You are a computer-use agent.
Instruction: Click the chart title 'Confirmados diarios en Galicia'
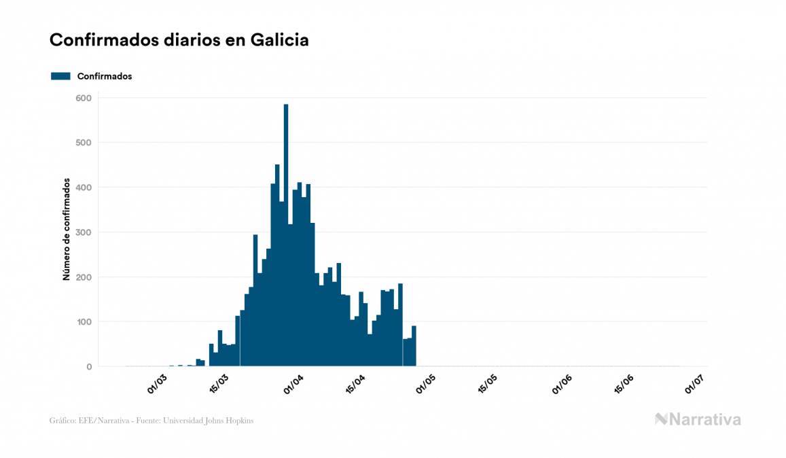click(179, 40)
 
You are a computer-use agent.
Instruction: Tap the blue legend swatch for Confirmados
click(60, 76)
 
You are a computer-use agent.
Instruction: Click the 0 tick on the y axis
click(89, 367)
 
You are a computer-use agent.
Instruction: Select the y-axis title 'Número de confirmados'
click(67, 230)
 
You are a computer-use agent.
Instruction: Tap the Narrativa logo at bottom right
click(698, 419)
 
